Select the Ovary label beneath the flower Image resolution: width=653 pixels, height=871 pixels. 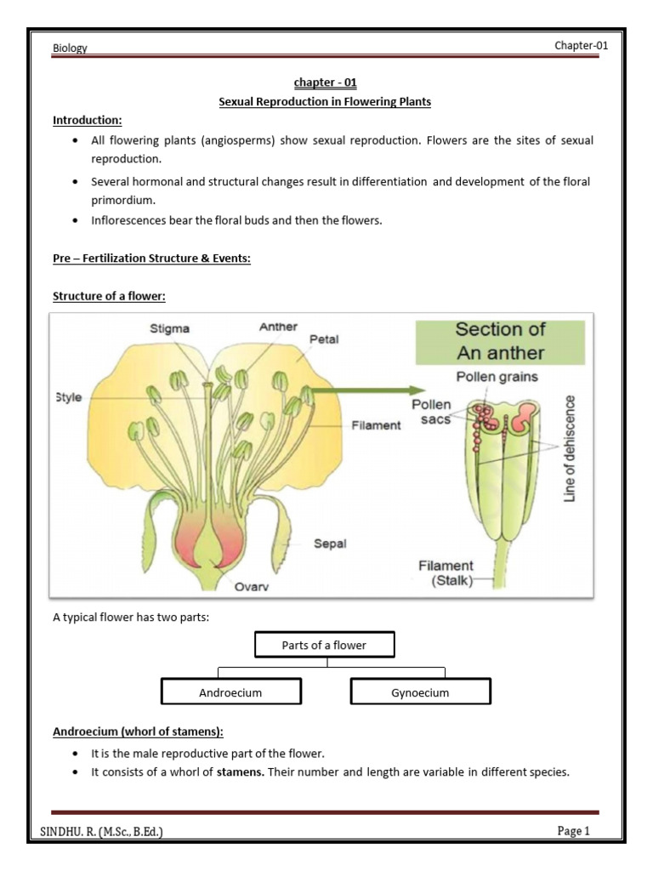[252, 585]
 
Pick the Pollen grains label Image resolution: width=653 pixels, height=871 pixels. [497, 377]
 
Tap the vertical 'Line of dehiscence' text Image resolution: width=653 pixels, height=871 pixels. [570, 447]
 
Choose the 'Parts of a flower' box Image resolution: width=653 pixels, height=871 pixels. [324, 646]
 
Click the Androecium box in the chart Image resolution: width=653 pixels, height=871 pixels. [230, 692]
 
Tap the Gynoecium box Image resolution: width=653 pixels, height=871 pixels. [421, 692]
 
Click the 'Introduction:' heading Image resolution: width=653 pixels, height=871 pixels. [88, 119]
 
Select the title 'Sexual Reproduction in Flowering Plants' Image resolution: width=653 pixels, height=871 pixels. [325, 101]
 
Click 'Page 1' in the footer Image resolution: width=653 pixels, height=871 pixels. [573, 831]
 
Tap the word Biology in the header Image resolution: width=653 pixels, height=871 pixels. [71, 48]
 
